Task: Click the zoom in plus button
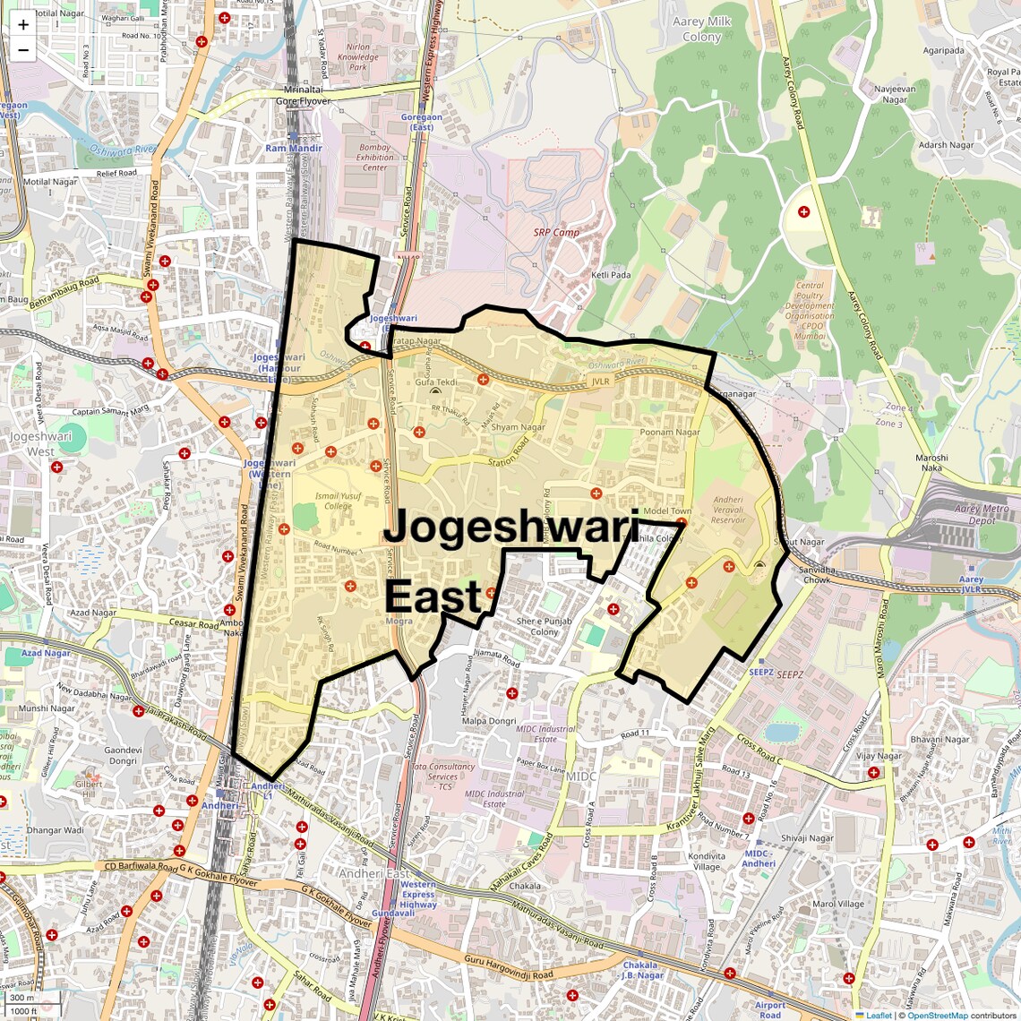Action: pyautogui.click(x=23, y=25)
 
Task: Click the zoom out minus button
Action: pyautogui.click(x=23, y=49)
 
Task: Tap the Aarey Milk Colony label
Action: pyautogui.click(x=701, y=29)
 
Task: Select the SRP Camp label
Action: pyautogui.click(x=556, y=232)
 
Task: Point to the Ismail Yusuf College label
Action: pyautogui.click(x=339, y=501)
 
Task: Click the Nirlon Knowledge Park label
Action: pyautogui.click(x=357, y=57)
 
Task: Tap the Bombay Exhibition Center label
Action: pyautogui.click(x=374, y=158)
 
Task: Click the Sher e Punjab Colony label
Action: pyautogui.click(x=544, y=626)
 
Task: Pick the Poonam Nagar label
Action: pyautogui.click(x=670, y=433)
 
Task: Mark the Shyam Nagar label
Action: pyautogui.click(x=518, y=427)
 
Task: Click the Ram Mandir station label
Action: pyautogui.click(x=294, y=149)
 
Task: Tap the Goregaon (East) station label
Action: pyautogui.click(x=421, y=122)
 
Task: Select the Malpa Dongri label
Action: pyautogui.click(x=489, y=721)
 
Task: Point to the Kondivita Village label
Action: pyautogui.click(x=707, y=862)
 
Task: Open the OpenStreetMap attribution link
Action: pyautogui.click(x=937, y=1016)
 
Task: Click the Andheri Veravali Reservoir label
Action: pyautogui.click(x=728, y=510)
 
